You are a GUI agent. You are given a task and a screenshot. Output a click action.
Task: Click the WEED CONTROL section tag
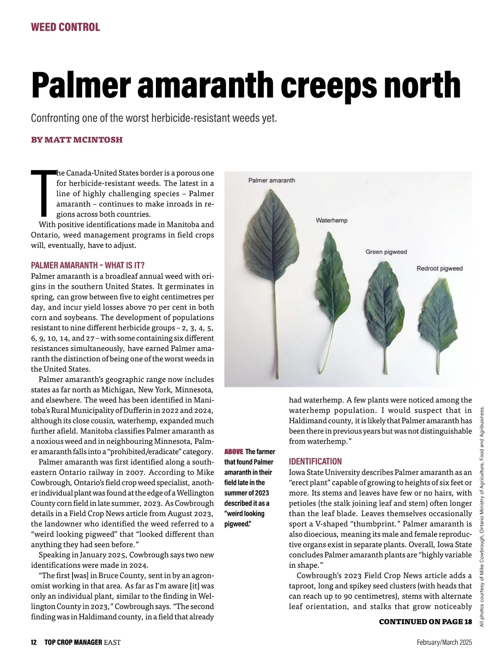point(65,28)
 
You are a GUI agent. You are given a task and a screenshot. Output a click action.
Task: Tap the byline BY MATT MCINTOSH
point(77,140)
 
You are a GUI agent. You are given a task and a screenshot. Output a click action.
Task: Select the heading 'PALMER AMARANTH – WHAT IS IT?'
point(88,265)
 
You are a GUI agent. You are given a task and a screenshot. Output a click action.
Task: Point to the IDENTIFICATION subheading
point(315,462)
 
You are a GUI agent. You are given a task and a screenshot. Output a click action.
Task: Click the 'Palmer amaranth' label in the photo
point(272,180)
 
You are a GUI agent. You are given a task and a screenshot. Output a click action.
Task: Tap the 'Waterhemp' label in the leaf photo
point(331,220)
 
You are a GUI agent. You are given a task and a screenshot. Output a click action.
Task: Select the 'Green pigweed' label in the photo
point(386,252)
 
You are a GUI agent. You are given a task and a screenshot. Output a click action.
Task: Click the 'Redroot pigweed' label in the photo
point(439,268)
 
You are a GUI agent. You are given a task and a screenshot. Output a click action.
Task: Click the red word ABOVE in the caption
point(233,452)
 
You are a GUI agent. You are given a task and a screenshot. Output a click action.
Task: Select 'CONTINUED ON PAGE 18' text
point(425,622)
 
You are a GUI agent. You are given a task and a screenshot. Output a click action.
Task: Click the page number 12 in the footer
point(34,642)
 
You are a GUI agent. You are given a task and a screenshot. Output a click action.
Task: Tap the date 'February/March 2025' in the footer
point(444,642)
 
